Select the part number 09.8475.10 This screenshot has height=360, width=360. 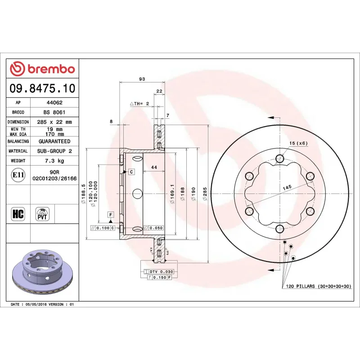(x=42, y=89)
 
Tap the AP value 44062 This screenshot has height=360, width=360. (x=54, y=103)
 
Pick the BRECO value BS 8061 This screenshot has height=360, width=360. (x=54, y=112)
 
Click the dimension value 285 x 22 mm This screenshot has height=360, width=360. (x=54, y=122)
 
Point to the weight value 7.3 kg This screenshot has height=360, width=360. (x=54, y=161)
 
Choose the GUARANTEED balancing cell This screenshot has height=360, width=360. (x=54, y=141)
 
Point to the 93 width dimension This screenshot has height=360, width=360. (x=142, y=79)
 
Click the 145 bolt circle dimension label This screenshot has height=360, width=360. (x=287, y=186)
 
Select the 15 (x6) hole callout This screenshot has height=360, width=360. (x=298, y=143)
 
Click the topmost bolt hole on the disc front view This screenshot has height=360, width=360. (x=279, y=158)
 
